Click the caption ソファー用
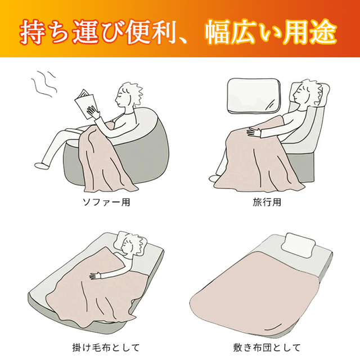[106, 202]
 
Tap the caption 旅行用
[267, 202]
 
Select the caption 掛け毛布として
[106, 348]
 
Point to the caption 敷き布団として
[267, 348]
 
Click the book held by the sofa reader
[85, 103]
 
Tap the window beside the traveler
[254, 96]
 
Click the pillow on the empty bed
[298, 246]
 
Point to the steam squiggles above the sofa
[44, 84]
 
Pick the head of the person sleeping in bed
[132, 245]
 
